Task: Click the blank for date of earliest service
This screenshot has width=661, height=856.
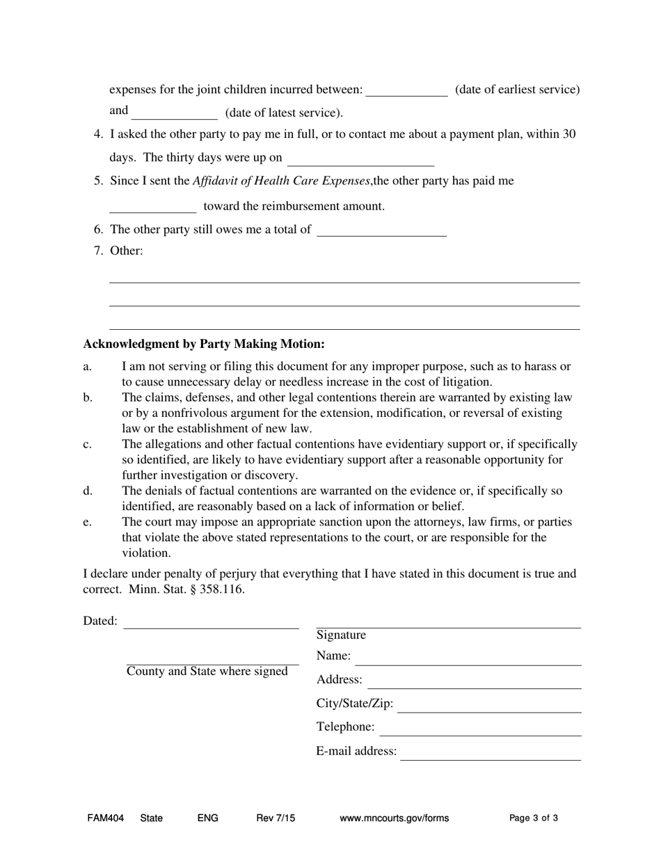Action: click(406, 90)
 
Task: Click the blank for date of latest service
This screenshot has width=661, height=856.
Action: click(174, 113)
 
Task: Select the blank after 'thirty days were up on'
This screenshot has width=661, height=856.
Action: click(360, 159)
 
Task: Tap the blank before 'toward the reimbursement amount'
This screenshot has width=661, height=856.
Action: click(153, 206)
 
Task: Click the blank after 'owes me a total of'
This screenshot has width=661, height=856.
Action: click(381, 230)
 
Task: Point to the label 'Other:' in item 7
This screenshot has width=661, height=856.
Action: click(127, 251)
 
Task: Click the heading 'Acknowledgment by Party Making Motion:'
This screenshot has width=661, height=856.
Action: click(204, 344)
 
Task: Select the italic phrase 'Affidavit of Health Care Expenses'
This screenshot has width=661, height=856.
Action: click(281, 181)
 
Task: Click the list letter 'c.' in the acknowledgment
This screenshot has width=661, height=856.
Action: click(88, 444)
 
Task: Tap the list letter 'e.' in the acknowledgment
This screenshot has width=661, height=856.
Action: click(88, 522)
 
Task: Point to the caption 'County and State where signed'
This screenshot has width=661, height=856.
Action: click(207, 672)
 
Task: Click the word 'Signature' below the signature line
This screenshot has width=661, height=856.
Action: click(341, 635)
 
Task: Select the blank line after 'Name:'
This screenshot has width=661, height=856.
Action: click(468, 658)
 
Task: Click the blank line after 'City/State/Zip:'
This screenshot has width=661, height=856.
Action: click(489, 706)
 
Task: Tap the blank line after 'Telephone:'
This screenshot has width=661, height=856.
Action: click(480, 729)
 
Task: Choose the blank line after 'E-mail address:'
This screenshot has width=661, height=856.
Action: click(491, 753)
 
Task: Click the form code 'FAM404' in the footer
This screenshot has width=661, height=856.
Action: click(106, 818)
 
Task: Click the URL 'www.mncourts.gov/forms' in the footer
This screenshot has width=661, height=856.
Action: click(394, 818)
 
